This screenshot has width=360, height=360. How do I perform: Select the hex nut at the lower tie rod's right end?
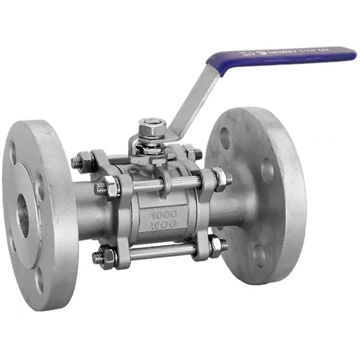(217, 246)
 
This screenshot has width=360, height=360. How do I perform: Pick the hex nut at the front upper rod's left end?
(108, 188)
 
